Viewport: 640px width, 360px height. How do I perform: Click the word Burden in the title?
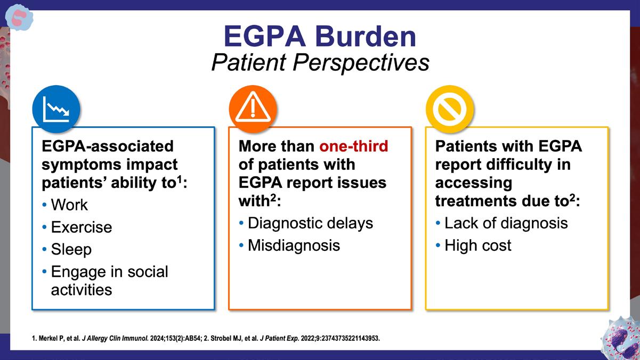366,37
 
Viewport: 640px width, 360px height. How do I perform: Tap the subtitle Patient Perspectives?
320,63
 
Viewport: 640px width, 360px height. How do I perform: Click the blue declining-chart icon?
56,109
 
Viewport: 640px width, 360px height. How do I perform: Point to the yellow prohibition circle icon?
450,109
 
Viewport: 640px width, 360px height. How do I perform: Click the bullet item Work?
69,204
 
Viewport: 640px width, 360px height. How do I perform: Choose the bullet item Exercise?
82,227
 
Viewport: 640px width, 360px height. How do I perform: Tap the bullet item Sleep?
71,250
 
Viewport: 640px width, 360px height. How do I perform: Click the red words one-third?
354,146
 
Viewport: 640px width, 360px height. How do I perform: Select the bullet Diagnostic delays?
310,223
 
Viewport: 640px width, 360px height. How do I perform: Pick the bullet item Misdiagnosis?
294,246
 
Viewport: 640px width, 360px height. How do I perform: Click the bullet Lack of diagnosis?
506,223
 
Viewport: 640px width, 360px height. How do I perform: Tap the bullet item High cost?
477,246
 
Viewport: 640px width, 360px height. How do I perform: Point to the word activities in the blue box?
82,290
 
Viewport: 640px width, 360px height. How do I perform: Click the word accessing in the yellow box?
473,183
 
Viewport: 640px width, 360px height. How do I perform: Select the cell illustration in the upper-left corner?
19,18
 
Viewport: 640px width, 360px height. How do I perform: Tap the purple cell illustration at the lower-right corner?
621,338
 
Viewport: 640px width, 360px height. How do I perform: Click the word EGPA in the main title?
265,37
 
